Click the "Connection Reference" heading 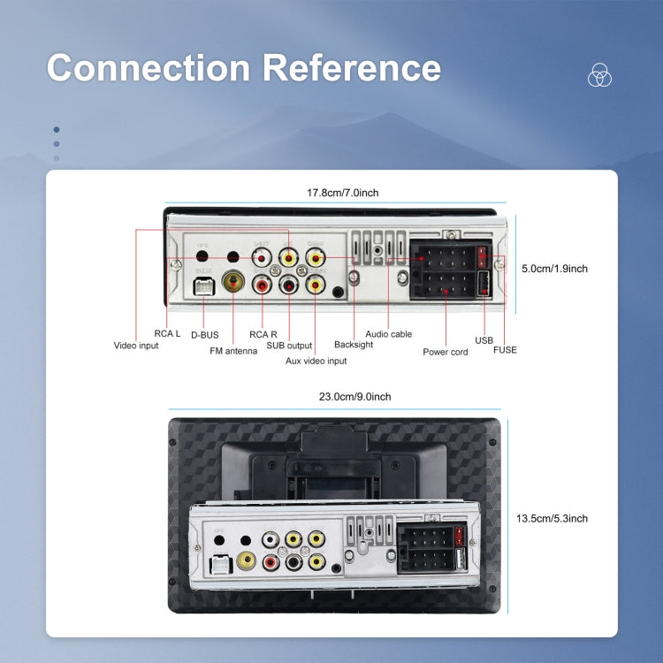point(243,68)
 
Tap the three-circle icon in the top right point(600,76)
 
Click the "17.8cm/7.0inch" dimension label point(343,192)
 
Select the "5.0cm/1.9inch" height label point(554,269)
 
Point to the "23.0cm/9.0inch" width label point(354,397)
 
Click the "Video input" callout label point(136,346)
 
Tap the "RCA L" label point(167,334)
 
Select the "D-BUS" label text point(204,335)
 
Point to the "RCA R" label point(263,335)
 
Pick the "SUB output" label point(289,346)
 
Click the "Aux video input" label point(316,361)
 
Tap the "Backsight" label point(354,345)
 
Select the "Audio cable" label point(389,334)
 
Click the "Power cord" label point(446,352)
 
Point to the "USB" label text point(484,339)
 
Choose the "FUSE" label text point(505,350)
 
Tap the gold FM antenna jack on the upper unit point(234,283)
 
